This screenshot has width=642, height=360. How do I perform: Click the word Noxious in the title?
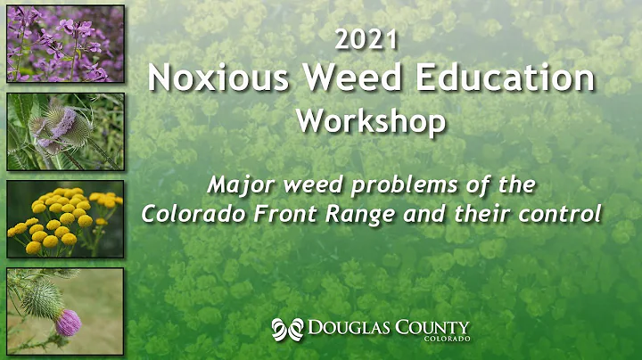point(206,78)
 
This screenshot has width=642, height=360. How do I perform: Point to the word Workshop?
point(370,120)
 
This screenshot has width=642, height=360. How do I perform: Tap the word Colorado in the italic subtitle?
point(192,214)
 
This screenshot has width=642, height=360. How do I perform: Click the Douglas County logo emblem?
point(287,329)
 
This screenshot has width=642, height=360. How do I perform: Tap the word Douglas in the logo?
point(351,329)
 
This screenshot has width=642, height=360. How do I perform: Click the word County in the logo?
point(434,329)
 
